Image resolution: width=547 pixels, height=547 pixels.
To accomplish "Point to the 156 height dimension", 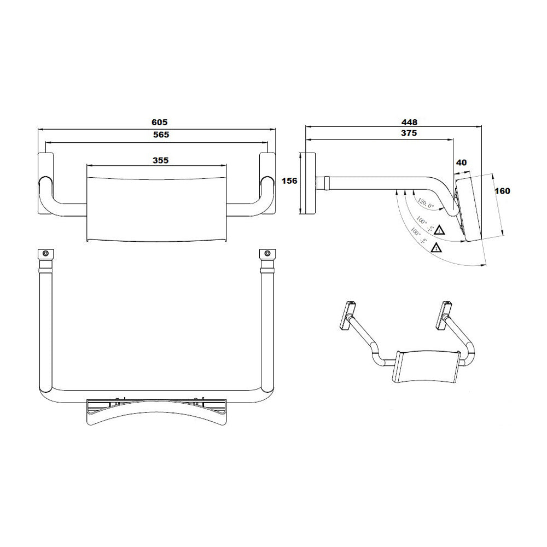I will tap(289, 181).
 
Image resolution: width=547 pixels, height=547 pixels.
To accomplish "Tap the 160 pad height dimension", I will tap(502, 191).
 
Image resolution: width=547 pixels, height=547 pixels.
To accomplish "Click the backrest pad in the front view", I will tap(156, 202).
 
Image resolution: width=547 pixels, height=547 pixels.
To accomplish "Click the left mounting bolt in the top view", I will tap(45, 253).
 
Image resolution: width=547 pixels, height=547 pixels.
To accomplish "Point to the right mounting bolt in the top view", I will tap(267, 253).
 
